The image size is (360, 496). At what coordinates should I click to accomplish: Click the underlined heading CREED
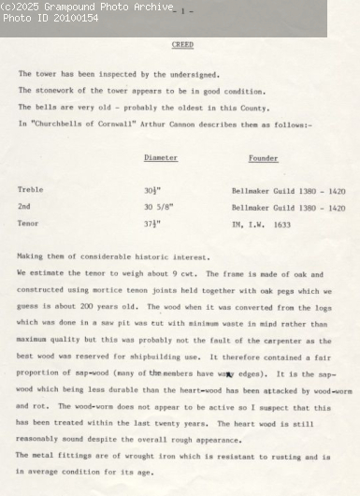(182, 44)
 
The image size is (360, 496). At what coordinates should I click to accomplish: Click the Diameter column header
(161, 158)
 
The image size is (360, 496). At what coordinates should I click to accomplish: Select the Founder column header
(263, 158)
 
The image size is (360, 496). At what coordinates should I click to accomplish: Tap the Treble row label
(30, 190)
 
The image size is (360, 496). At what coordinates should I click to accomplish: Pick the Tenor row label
(28, 224)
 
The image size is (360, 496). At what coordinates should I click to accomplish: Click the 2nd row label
(24, 207)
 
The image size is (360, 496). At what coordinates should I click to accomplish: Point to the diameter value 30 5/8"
(161, 207)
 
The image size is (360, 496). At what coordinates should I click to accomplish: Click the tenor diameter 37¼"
(153, 224)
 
